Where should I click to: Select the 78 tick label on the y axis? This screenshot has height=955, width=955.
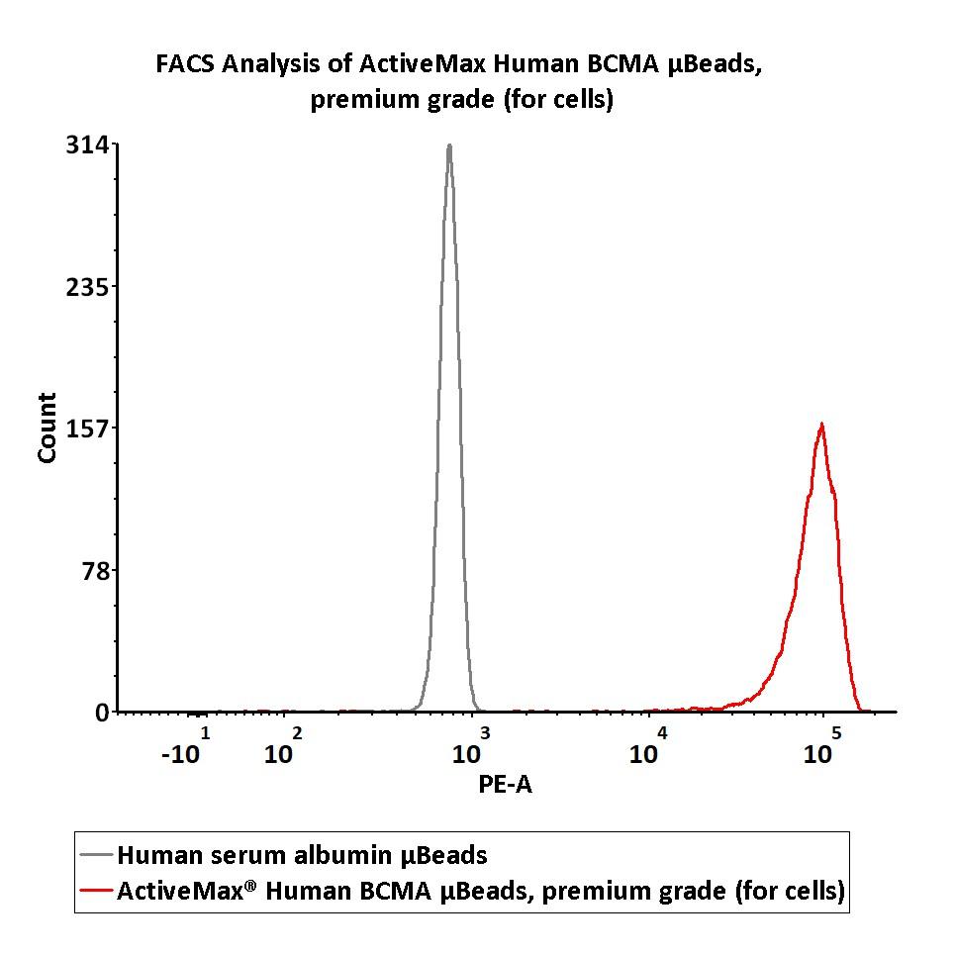[96, 570]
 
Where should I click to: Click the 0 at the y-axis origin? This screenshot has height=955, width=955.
[103, 713]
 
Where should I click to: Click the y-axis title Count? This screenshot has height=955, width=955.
[47, 428]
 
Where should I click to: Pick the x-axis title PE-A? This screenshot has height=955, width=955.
[506, 785]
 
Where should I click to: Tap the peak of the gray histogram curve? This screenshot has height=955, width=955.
[449, 146]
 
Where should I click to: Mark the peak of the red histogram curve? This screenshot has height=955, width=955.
[821, 425]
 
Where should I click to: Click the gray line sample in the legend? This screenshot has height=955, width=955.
[96, 854]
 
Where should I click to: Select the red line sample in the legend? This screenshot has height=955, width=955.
[96, 891]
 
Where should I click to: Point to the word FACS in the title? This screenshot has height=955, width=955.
[185, 64]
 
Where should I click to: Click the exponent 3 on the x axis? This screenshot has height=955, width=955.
[485, 733]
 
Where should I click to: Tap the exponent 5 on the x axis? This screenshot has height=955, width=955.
[836, 733]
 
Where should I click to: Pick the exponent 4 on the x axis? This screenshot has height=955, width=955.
[662, 733]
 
